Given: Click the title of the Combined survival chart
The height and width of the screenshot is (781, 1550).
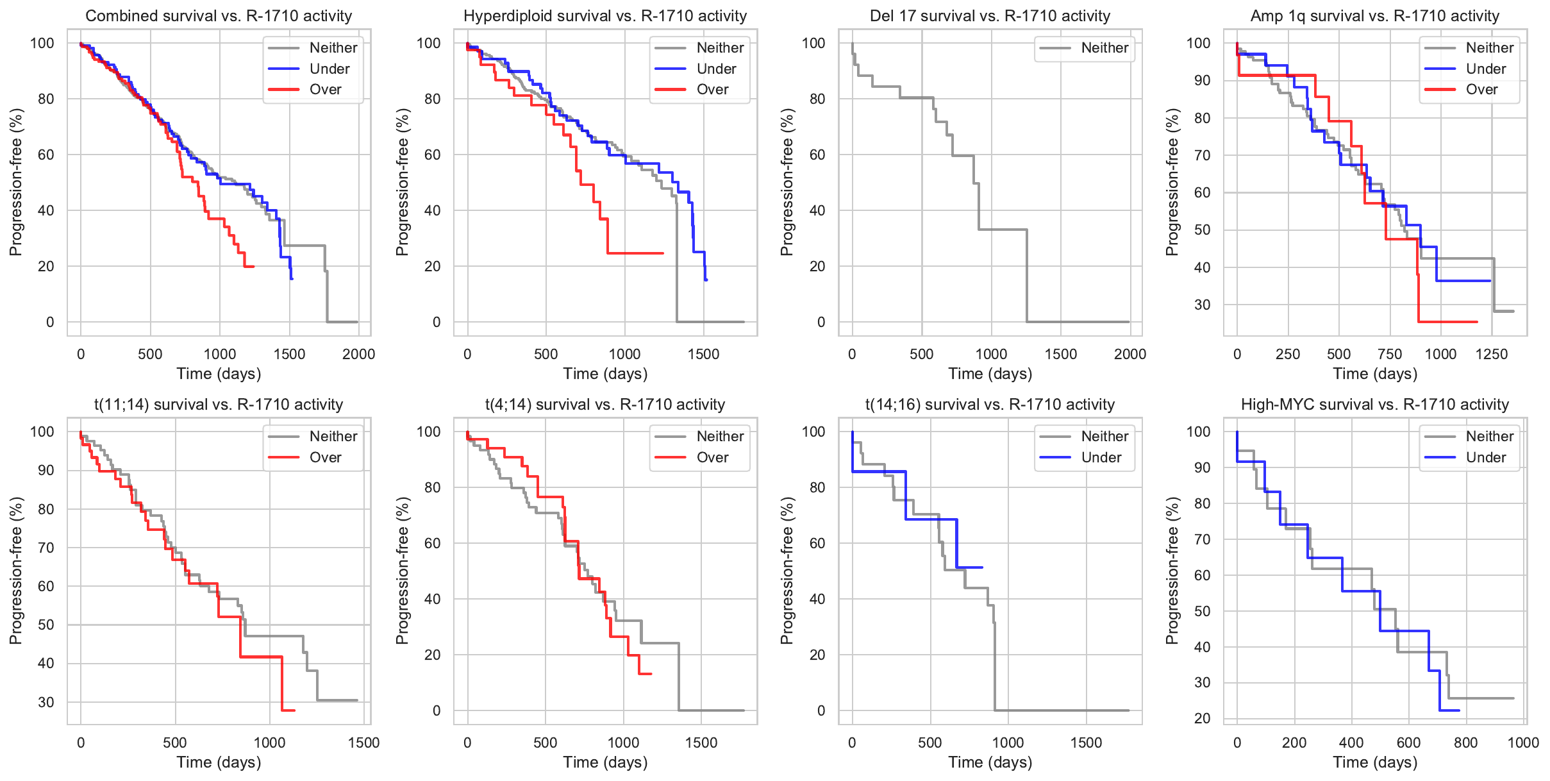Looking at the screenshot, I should tap(219, 16).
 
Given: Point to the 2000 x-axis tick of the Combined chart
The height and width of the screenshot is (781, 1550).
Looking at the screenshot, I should tap(358, 354).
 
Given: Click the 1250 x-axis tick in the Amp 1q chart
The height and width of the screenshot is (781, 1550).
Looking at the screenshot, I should tap(1492, 354).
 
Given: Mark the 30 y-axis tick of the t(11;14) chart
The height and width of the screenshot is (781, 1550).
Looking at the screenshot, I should tap(46, 702).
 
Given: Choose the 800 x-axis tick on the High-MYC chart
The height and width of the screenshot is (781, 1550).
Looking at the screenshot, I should tap(1466, 743).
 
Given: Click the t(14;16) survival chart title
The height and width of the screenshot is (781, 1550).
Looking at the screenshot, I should tap(990, 405).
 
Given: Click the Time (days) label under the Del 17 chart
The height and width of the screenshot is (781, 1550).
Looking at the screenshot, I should tap(990, 374).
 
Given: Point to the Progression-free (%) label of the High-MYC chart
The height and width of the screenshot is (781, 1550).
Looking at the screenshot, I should tap(1172, 571).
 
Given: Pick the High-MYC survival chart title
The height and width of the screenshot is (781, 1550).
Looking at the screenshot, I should tap(1374, 405).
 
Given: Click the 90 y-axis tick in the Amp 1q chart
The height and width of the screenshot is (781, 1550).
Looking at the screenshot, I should tap(1202, 81).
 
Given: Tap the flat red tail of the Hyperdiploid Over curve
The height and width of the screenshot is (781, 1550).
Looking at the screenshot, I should tap(635, 253).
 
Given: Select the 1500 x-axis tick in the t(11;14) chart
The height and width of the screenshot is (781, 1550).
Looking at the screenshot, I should tap(363, 743).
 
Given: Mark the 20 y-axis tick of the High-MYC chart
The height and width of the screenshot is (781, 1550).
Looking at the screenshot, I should tap(1202, 719).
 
